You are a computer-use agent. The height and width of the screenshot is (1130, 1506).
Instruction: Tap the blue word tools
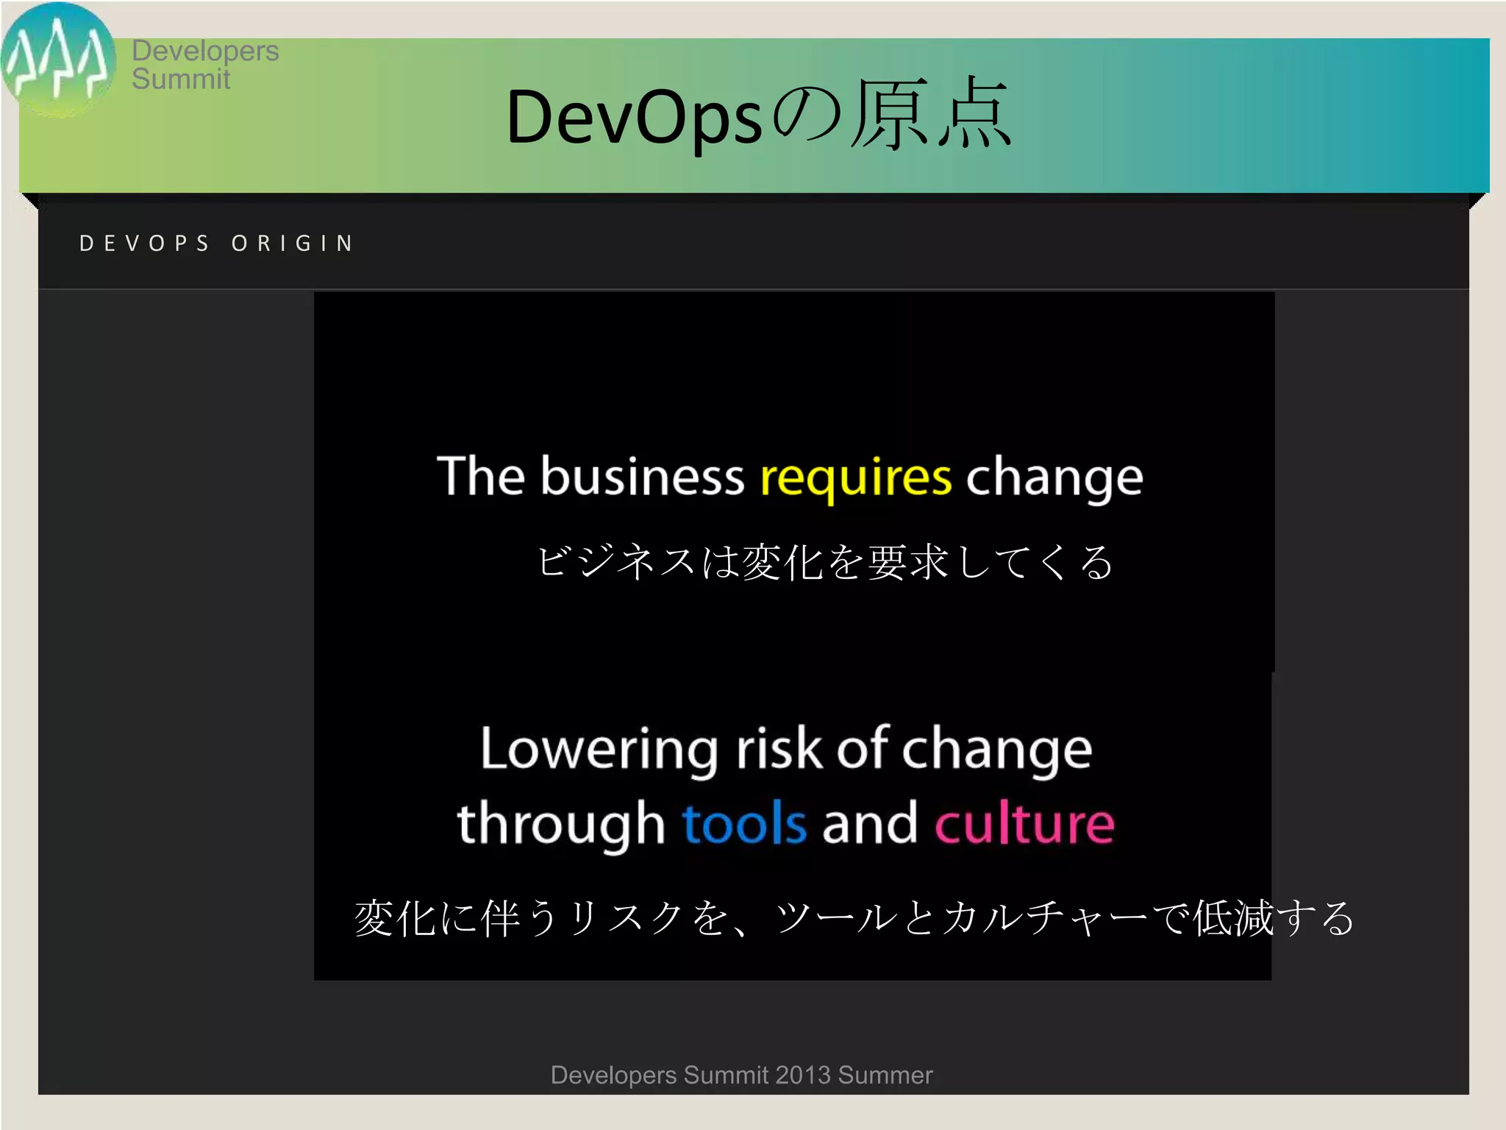click(744, 823)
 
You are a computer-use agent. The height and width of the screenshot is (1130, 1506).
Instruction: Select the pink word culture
click(1024, 823)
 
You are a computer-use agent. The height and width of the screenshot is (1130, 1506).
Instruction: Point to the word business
click(643, 476)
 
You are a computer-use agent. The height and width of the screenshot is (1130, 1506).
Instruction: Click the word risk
click(779, 749)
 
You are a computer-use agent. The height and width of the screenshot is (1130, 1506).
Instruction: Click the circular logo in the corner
click(57, 59)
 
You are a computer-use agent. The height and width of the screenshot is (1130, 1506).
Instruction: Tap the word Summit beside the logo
click(181, 79)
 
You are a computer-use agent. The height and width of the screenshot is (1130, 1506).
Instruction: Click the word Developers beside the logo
click(205, 51)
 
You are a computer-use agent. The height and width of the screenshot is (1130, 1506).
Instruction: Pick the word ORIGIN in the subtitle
click(293, 244)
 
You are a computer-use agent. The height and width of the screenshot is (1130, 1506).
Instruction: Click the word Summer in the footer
click(885, 1075)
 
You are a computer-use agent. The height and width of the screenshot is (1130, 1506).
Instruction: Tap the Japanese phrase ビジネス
click(616, 562)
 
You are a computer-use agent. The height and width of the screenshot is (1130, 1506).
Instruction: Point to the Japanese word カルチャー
click(1044, 918)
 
